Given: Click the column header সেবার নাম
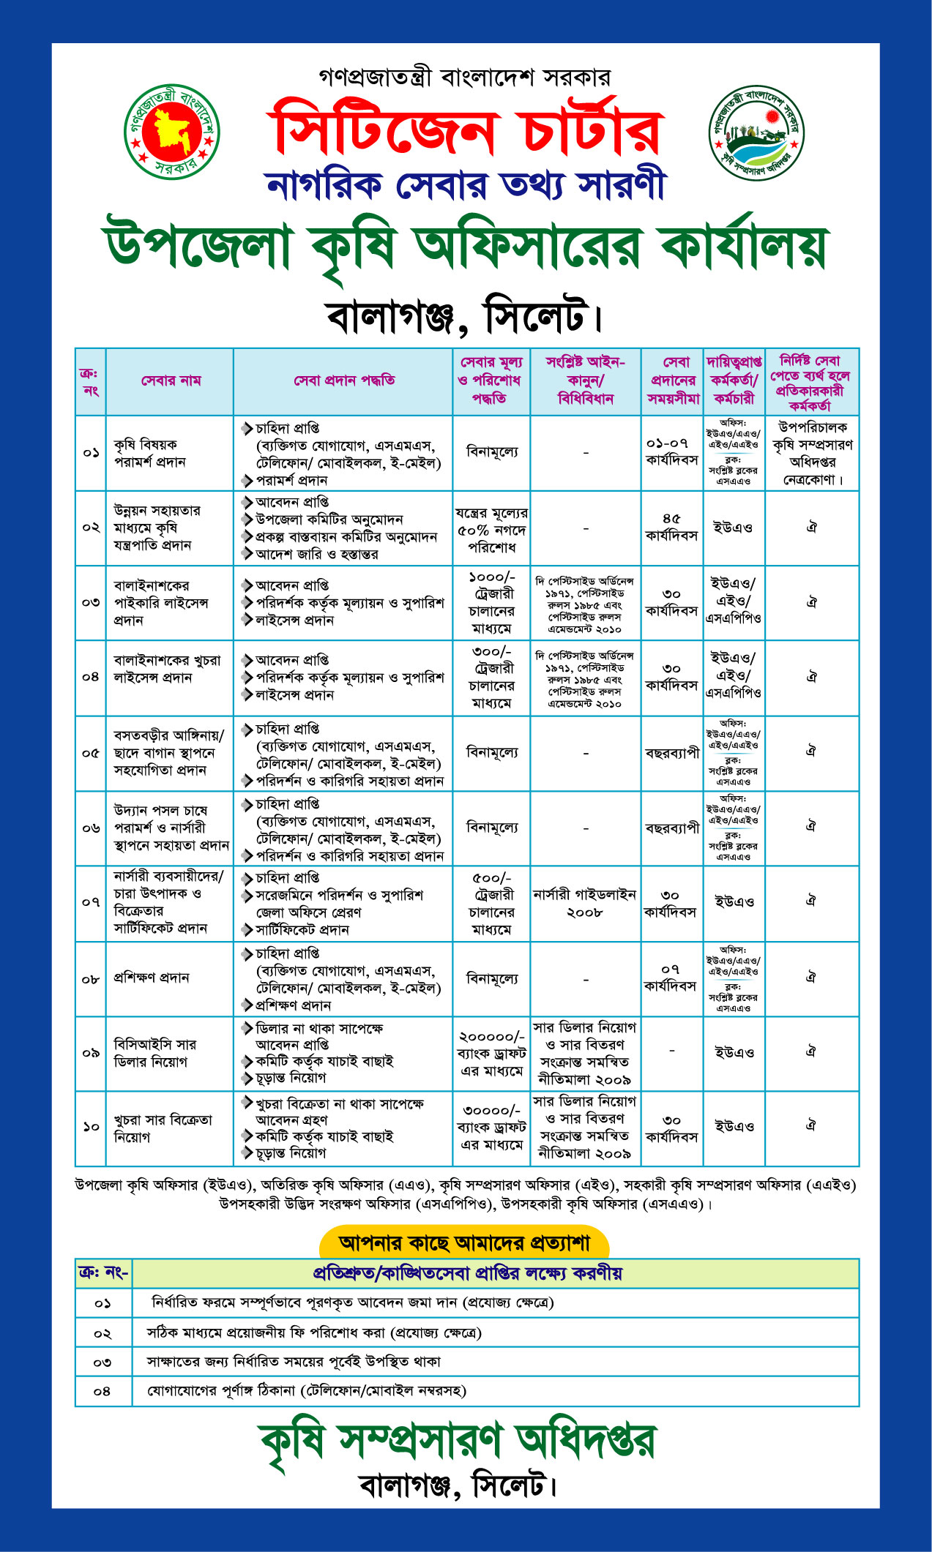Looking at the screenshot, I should click(171, 380).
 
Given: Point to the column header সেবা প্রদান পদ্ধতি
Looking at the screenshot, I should click(344, 380).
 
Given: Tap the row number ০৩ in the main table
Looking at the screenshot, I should click(91, 602).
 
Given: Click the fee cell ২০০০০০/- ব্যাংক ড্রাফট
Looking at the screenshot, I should click(491, 1054).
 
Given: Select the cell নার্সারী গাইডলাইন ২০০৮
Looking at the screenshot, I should click(585, 903).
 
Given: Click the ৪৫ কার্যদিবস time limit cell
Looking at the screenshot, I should click(671, 527).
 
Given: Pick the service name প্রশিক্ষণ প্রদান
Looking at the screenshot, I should click(152, 978).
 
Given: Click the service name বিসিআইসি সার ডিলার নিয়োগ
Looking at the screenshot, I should click(154, 1053).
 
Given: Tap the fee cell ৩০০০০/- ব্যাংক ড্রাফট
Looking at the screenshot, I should click(491, 1128).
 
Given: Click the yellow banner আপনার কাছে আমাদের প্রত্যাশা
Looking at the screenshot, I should click(464, 1242).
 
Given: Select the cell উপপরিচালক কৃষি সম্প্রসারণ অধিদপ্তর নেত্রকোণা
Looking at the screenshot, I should click(812, 454).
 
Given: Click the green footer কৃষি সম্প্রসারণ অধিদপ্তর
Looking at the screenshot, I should click(458, 1442).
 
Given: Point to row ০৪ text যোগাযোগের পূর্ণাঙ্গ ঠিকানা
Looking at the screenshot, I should click(307, 1390).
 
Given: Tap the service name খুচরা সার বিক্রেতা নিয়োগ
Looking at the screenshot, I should click(163, 1128).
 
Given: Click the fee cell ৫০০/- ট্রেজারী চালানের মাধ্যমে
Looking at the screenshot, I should click(491, 903).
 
